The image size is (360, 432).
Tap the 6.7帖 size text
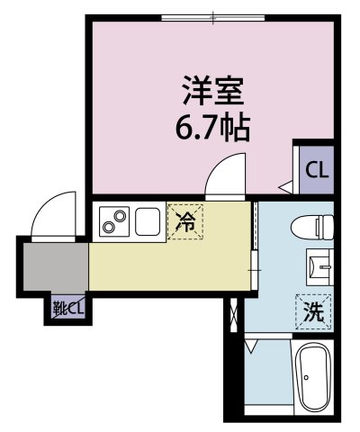click(213, 125)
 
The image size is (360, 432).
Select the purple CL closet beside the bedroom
click(316, 169)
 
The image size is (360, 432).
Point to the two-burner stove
click(114, 219)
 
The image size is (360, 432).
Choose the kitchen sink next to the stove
click(148, 219)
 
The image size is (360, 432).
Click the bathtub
click(313, 378)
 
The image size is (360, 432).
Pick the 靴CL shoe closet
click(68, 309)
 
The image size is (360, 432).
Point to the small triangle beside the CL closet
click(284, 187)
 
